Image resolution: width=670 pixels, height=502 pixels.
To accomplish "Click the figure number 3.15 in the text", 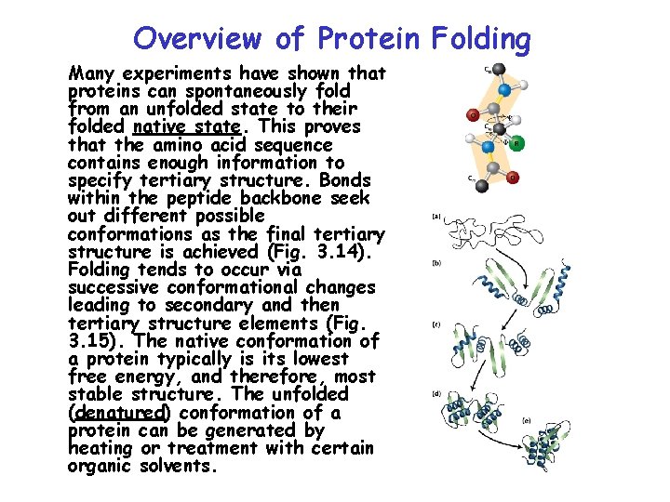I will coord(92,341).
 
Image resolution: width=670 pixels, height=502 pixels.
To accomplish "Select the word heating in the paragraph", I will coord(102,448).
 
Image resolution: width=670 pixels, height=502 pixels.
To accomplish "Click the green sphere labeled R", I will coord(517,143).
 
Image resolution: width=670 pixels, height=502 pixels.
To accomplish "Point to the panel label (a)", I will coord(435,218).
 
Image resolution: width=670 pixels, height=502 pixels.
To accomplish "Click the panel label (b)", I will coord(435,263).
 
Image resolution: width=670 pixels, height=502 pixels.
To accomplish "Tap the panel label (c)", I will coord(435,324).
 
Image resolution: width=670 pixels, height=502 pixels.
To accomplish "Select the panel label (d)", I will coord(435,393).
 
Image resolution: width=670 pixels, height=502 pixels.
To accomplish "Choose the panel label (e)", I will coord(527,421).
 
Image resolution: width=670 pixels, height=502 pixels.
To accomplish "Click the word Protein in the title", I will coord(368,39).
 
